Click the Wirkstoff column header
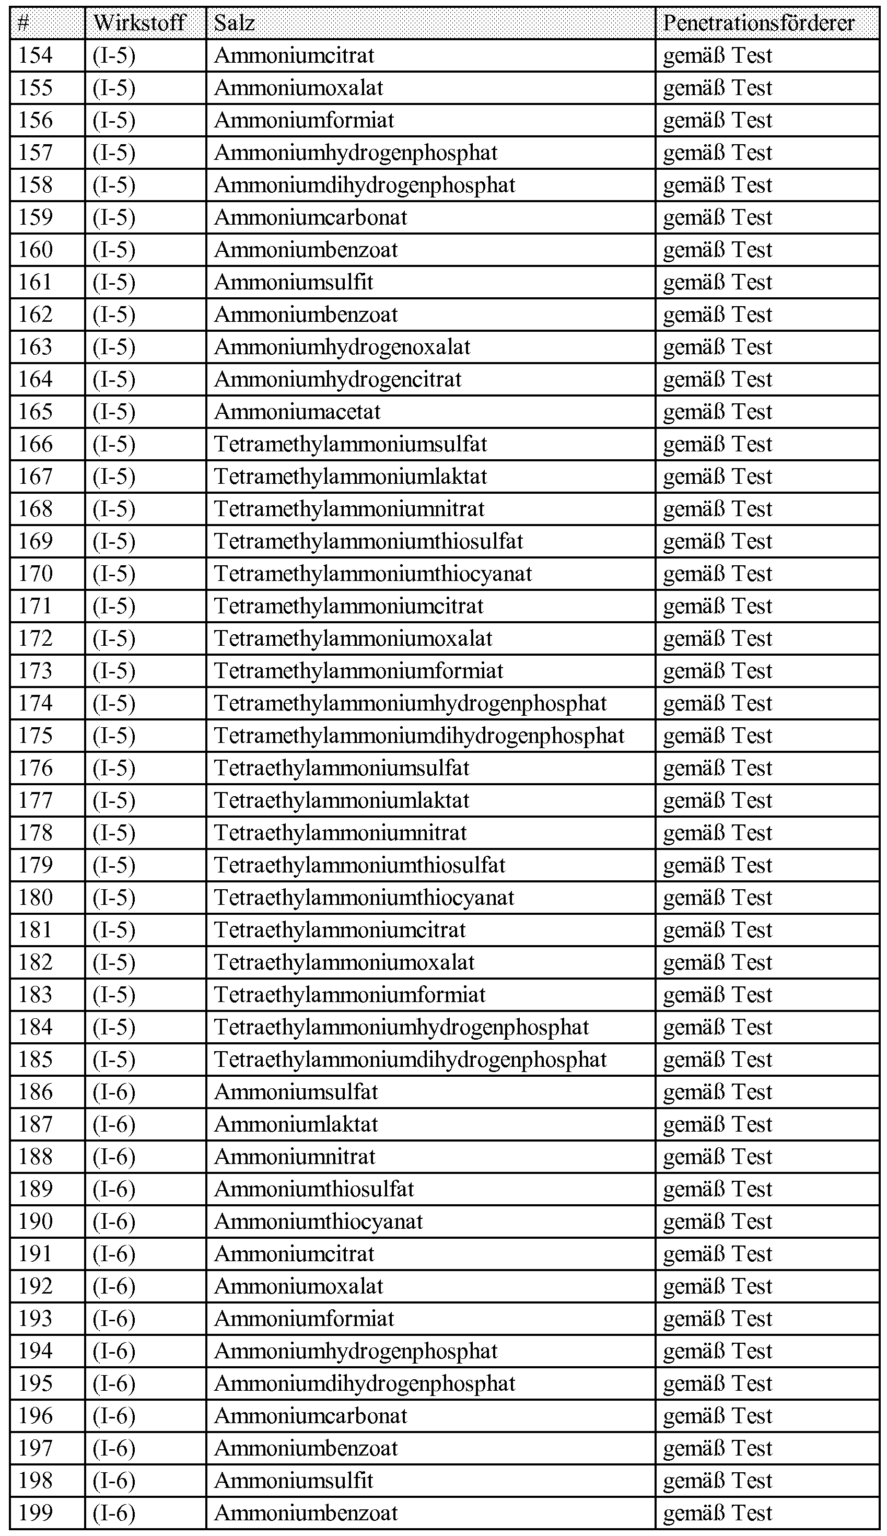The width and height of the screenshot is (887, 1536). coord(139,23)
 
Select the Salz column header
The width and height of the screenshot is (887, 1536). coord(234,23)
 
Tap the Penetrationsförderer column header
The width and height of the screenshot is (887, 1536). coord(758,23)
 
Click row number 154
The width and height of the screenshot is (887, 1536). coord(36,55)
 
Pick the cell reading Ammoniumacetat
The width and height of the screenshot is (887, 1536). coord(297,412)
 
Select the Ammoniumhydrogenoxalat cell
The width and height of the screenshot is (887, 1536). coord(342,347)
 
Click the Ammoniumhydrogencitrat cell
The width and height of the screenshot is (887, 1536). coord(338,380)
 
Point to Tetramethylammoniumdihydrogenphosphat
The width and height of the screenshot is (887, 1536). coord(419,736)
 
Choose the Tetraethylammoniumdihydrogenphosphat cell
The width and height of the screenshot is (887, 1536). coord(411,1060)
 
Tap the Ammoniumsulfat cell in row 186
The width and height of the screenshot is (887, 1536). coord(296,1092)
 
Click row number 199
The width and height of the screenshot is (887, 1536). coord(36,1513)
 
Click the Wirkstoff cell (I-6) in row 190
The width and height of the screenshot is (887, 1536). coord(114,1221)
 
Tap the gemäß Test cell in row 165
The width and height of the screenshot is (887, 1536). coord(718,412)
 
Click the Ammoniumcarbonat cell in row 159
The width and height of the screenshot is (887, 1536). coord(311,217)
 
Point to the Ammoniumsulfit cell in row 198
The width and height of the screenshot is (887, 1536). coord(294,1481)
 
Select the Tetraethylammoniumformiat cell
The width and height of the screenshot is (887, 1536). coord(349,995)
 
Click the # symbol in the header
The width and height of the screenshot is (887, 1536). coord(23,23)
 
